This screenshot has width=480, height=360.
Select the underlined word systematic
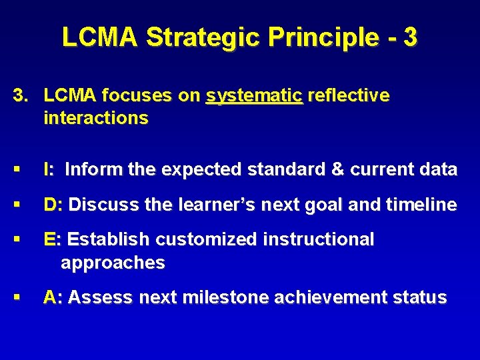[x=255, y=97]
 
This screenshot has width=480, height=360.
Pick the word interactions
[x=95, y=119]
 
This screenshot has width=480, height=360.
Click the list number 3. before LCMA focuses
[x=22, y=96]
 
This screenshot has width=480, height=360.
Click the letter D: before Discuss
[x=53, y=205]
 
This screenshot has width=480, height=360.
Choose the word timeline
[x=419, y=205]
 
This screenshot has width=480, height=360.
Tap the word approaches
[x=113, y=263]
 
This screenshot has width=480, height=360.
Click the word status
[x=420, y=297]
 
